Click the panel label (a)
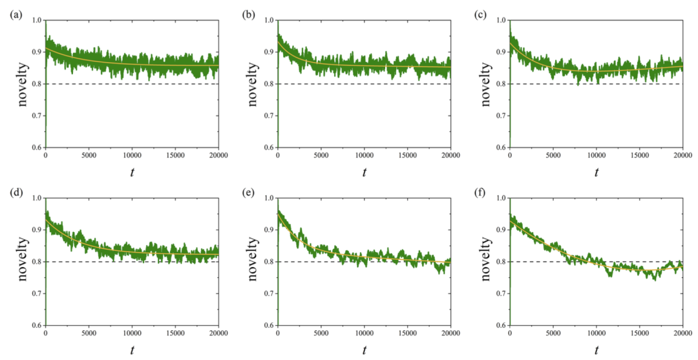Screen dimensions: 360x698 click(x=15, y=14)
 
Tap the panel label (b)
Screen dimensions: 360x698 click(x=248, y=14)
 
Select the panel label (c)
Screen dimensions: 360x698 click(x=480, y=14)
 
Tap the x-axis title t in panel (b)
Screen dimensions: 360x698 click(x=365, y=173)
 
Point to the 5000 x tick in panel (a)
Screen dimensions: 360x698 click(x=89, y=156)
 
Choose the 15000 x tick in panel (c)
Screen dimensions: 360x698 click(x=640, y=156)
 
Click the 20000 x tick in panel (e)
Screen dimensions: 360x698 click(x=450, y=334)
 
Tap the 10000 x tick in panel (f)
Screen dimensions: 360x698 click(x=597, y=334)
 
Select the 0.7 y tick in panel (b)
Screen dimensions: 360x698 click(x=270, y=116)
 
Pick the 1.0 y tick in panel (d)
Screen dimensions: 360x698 click(x=37, y=198)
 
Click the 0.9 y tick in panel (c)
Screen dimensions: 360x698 click(x=502, y=52)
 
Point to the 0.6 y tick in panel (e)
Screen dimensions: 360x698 click(x=270, y=325)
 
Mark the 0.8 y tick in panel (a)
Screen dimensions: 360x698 click(x=37, y=84)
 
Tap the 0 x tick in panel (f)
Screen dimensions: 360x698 click(x=510, y=334)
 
